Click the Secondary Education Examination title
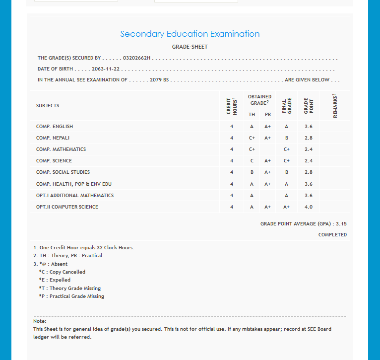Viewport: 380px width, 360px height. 190,34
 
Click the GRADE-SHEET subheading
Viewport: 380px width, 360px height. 190,47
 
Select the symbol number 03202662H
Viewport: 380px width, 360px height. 136,58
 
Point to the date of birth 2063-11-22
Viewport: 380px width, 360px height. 106,69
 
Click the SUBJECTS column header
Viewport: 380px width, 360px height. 48,106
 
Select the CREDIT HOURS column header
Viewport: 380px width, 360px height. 232,106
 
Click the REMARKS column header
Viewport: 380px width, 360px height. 335,106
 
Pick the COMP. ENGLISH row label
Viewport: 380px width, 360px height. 55,127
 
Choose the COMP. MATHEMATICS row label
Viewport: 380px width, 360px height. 61,149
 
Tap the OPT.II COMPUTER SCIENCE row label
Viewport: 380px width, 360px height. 67,207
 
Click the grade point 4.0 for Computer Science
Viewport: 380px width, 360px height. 309,207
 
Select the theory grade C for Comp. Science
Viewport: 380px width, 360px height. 252,161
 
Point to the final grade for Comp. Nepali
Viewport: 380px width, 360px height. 287,138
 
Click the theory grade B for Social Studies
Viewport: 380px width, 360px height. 252,172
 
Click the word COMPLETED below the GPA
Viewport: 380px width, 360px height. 332,235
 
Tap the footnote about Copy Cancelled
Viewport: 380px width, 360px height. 62,272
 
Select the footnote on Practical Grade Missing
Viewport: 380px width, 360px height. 71,296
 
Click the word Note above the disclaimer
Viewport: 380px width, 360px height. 39,321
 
